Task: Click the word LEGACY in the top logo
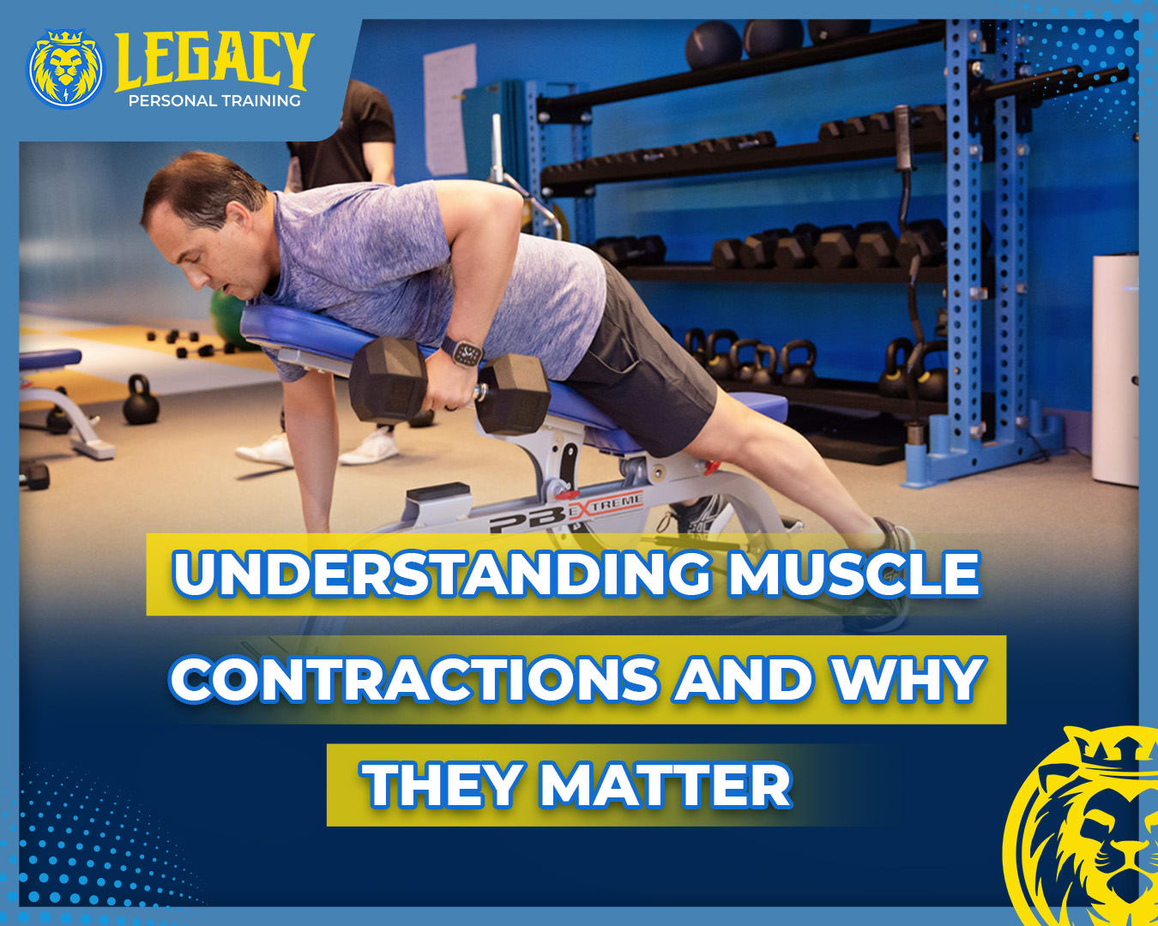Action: click(214, 62)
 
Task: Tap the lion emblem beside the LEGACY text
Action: click(66, 69)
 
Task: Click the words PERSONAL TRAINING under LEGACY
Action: click(214, 100)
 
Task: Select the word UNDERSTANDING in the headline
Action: click(441, 573)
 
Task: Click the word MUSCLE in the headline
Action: click(854, 573)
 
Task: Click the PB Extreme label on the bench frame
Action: click(565, 513)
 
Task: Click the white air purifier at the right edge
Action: click(1114, 370)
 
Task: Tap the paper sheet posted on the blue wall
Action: click(449, 110)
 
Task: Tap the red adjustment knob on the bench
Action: click(713, 466)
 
